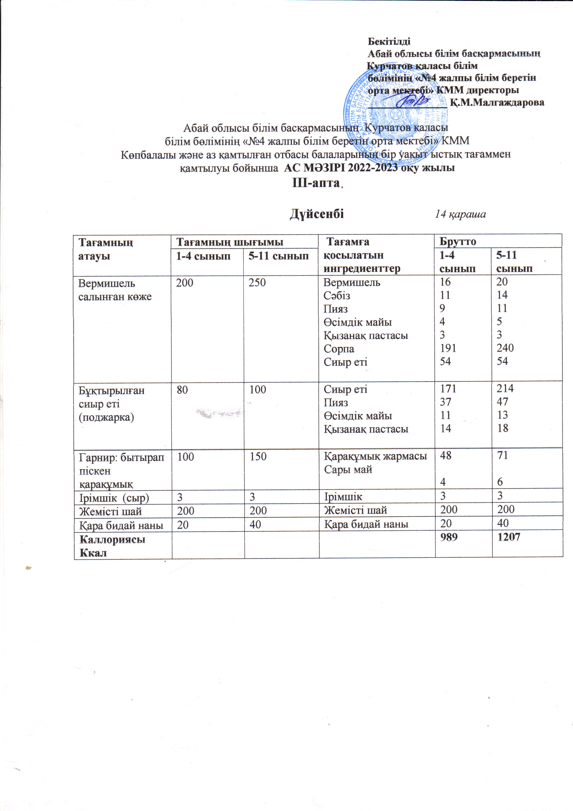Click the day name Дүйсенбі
tap(317, 214)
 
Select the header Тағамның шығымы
tap(230, 242)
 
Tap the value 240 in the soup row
tap(505, 348)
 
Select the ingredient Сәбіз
tap(337, 296)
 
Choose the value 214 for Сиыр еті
tap(505, 389)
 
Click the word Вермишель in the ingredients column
tap(352, 283)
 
